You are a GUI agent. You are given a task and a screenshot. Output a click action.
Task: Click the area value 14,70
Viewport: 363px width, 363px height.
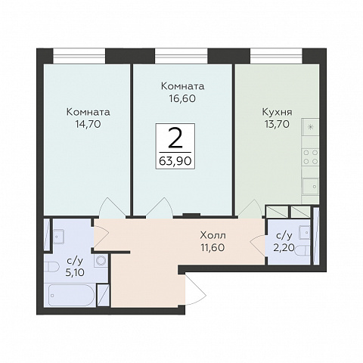click(x=88, y=124)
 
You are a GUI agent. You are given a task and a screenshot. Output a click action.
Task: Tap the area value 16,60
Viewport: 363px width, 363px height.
click(x=182, y=98)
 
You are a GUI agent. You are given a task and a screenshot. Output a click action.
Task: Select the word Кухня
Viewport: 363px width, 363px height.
click(x=278, y=112)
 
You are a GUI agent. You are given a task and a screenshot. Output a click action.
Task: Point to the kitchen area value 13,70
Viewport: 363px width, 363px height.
click(x=277, y=124)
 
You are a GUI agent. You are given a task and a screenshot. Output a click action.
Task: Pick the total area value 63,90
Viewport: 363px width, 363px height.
click(x=175, y=160)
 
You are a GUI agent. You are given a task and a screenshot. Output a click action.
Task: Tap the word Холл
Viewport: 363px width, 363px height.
click(x=213, y=235)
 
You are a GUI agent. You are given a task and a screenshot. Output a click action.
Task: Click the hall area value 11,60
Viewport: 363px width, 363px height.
click(x=213, y=247)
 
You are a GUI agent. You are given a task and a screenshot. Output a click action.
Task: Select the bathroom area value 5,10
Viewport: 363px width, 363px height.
click(x=75, y=272)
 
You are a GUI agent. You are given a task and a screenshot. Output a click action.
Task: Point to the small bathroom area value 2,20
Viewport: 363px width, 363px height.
click(x=284, y=248)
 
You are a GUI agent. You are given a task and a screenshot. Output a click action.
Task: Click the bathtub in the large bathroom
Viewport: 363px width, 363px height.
click(x=72, y=295)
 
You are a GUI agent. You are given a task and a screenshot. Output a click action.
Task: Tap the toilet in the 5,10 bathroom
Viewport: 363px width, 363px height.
click(x=51, y=267)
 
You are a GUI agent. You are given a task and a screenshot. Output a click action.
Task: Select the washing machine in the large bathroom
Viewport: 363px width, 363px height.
click(x=101, y=260)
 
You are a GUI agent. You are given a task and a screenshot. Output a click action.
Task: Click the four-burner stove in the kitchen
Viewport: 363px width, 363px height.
click(x=310, y=157)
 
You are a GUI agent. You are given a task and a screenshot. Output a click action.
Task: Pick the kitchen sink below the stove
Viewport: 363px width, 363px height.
click(x=311, y=186)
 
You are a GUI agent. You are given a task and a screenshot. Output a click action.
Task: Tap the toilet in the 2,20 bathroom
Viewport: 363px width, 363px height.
click(x=302, y=250)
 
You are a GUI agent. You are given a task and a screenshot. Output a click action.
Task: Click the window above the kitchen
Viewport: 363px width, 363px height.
click(x=276, y=56)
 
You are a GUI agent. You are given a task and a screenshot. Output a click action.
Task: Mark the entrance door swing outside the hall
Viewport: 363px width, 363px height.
click(x=196, y=290)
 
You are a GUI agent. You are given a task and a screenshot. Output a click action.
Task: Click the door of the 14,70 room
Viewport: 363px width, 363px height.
click(x=111, y=207)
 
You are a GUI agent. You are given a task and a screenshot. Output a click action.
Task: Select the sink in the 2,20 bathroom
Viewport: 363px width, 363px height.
click(x=305, y=232)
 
